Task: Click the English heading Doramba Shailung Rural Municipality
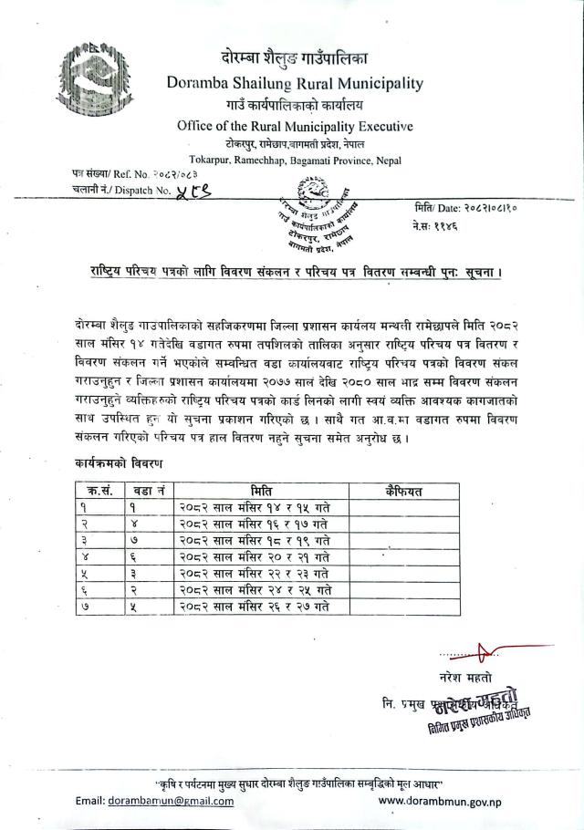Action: coord(295,84)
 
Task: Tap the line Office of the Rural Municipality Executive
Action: coord(295,127)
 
